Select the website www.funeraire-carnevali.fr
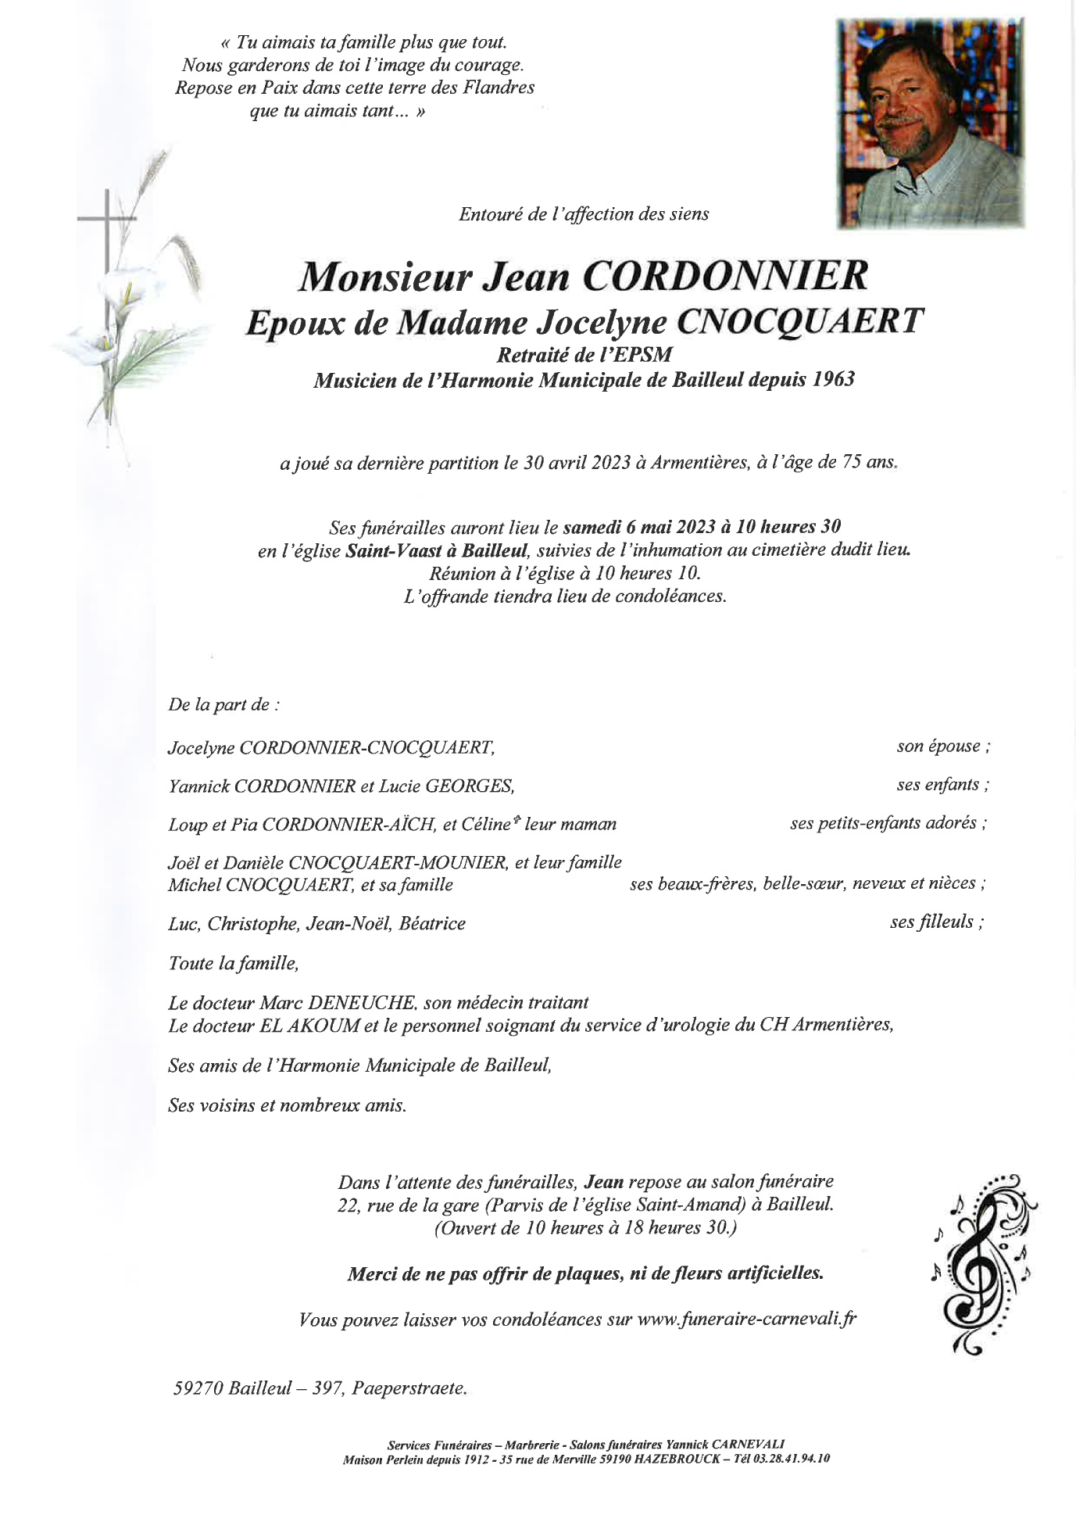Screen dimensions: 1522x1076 tap(747, 1320)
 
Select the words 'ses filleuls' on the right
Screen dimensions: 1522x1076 tap(931, 922)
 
